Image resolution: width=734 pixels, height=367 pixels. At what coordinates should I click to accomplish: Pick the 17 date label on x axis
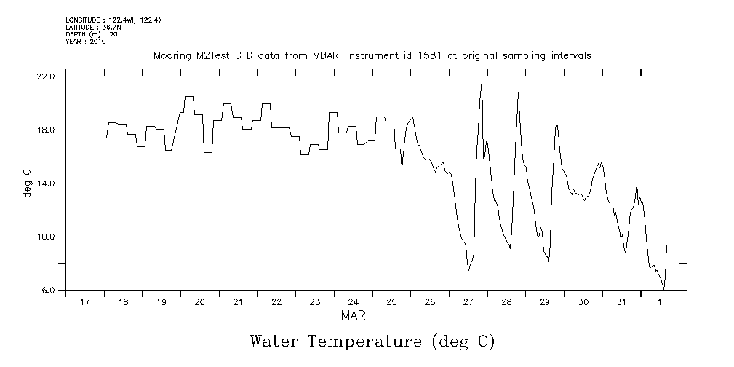(x=84, y=302)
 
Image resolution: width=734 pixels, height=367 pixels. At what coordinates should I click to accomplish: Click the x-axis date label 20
(x=199, y=302)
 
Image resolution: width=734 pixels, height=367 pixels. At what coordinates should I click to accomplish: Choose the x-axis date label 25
(x=391, y=302)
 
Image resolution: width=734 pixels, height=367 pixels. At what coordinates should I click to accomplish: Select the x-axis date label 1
(x=660, y=302)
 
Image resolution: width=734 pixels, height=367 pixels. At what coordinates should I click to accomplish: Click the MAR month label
(x=353, y=316)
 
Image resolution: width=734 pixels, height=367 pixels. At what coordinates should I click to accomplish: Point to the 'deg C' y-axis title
(x=27, y=183)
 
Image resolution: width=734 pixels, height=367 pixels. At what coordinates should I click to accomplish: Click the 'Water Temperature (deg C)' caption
(x=372, y=341)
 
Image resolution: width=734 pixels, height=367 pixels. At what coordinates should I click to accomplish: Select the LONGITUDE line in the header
(x=113, y=20)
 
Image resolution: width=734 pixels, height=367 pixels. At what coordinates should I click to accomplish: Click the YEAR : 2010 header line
(x=86, y=42)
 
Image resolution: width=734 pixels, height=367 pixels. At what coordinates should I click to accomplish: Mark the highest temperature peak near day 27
(x=482, y=81)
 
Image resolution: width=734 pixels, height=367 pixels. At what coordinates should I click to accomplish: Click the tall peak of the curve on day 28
(x=518, y=92)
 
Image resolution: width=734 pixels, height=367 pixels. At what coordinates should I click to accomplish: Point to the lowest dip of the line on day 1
(x=663, y=289)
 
